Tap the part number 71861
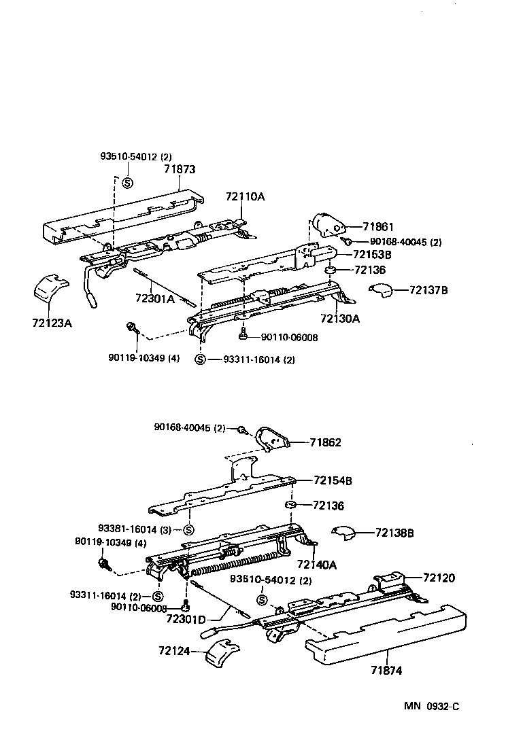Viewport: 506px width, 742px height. pyautogui.click(x=379, y=227)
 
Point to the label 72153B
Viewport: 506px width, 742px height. pyautogui.click(x=372, y=255)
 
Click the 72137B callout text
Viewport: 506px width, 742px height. pyautogui.click(x=428, y=290)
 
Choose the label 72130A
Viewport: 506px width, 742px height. pyautogui.click(x=340, y=318)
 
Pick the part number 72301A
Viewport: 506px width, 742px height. pyautogui.click(x=155, y=298)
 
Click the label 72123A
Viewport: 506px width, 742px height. pyautogui.click(x=52, y=323)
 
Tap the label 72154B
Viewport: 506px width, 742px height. pyautogui.click(x=333, y=480)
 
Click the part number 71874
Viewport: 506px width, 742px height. pyautogui.click(x=386, y=670)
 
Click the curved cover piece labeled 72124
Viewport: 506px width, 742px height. pyautogui.click(x=223, y=653)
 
